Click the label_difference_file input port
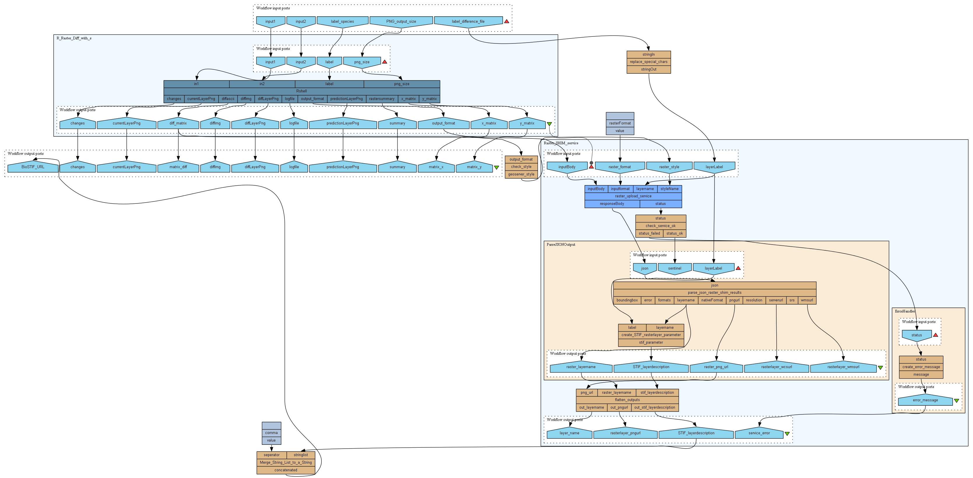[x=468, y=22]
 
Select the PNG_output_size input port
[x=401, y=22]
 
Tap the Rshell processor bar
[x=301, y=91]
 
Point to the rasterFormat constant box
[x=620, y=123]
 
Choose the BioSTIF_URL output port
[x=33, y=167]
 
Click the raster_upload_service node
[x=633, y=196]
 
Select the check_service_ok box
[x=660, y=226]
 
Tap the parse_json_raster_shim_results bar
[x=714, y=292]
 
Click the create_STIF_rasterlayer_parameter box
[x=651, y=335]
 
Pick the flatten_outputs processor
[x=627, y=400]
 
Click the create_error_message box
[x=921, y=367]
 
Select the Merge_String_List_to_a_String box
[x=286, y=463]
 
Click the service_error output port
[x=759, y=433]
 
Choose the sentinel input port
[x=674, y=268]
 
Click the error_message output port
[x=925, y=400]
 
